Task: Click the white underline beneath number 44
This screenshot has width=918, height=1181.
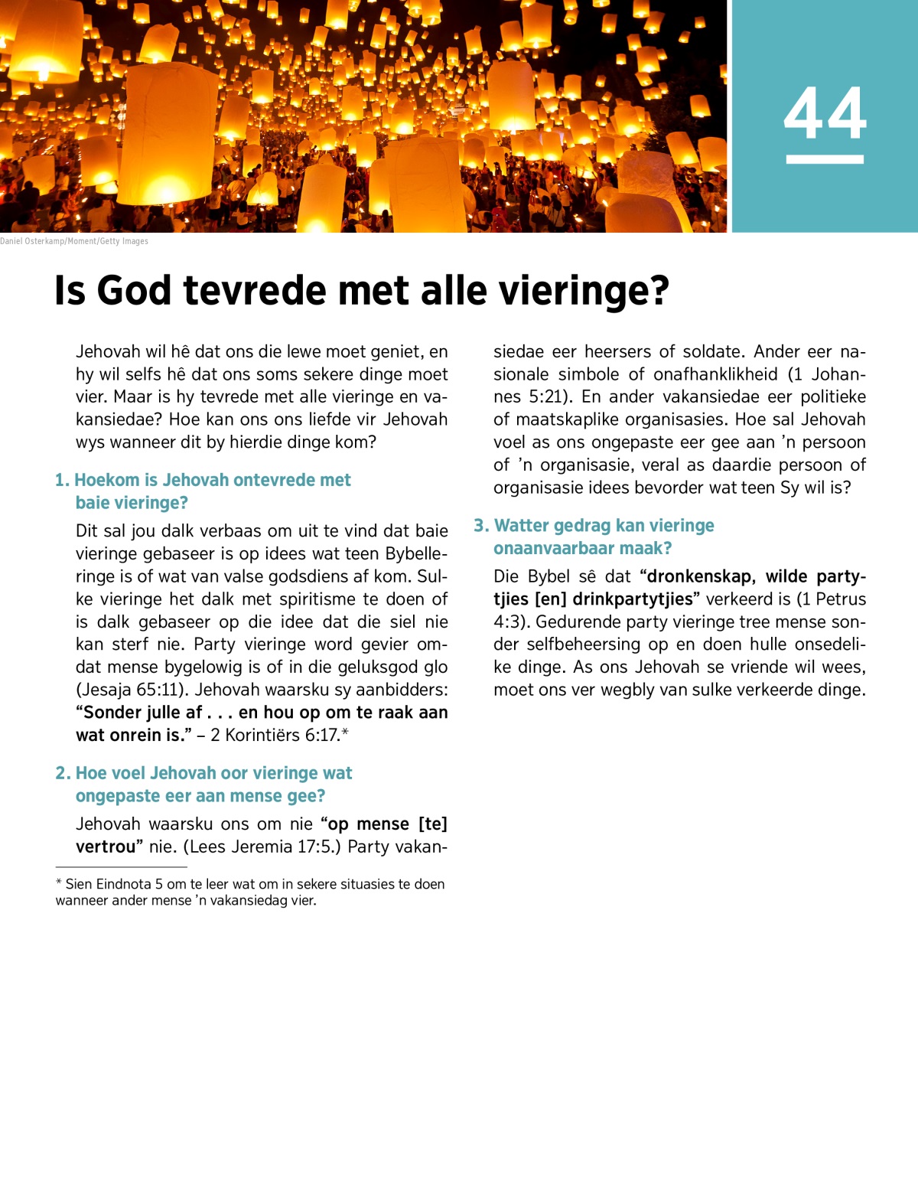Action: coord(825,159)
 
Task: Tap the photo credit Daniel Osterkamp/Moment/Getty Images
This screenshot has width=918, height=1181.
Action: coord(74,241)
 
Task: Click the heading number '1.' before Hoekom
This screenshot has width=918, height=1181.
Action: coord(62,480)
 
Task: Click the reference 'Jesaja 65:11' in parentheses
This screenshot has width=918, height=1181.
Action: coord(131,690)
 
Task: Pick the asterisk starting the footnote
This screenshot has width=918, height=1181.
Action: coord(59,883)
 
